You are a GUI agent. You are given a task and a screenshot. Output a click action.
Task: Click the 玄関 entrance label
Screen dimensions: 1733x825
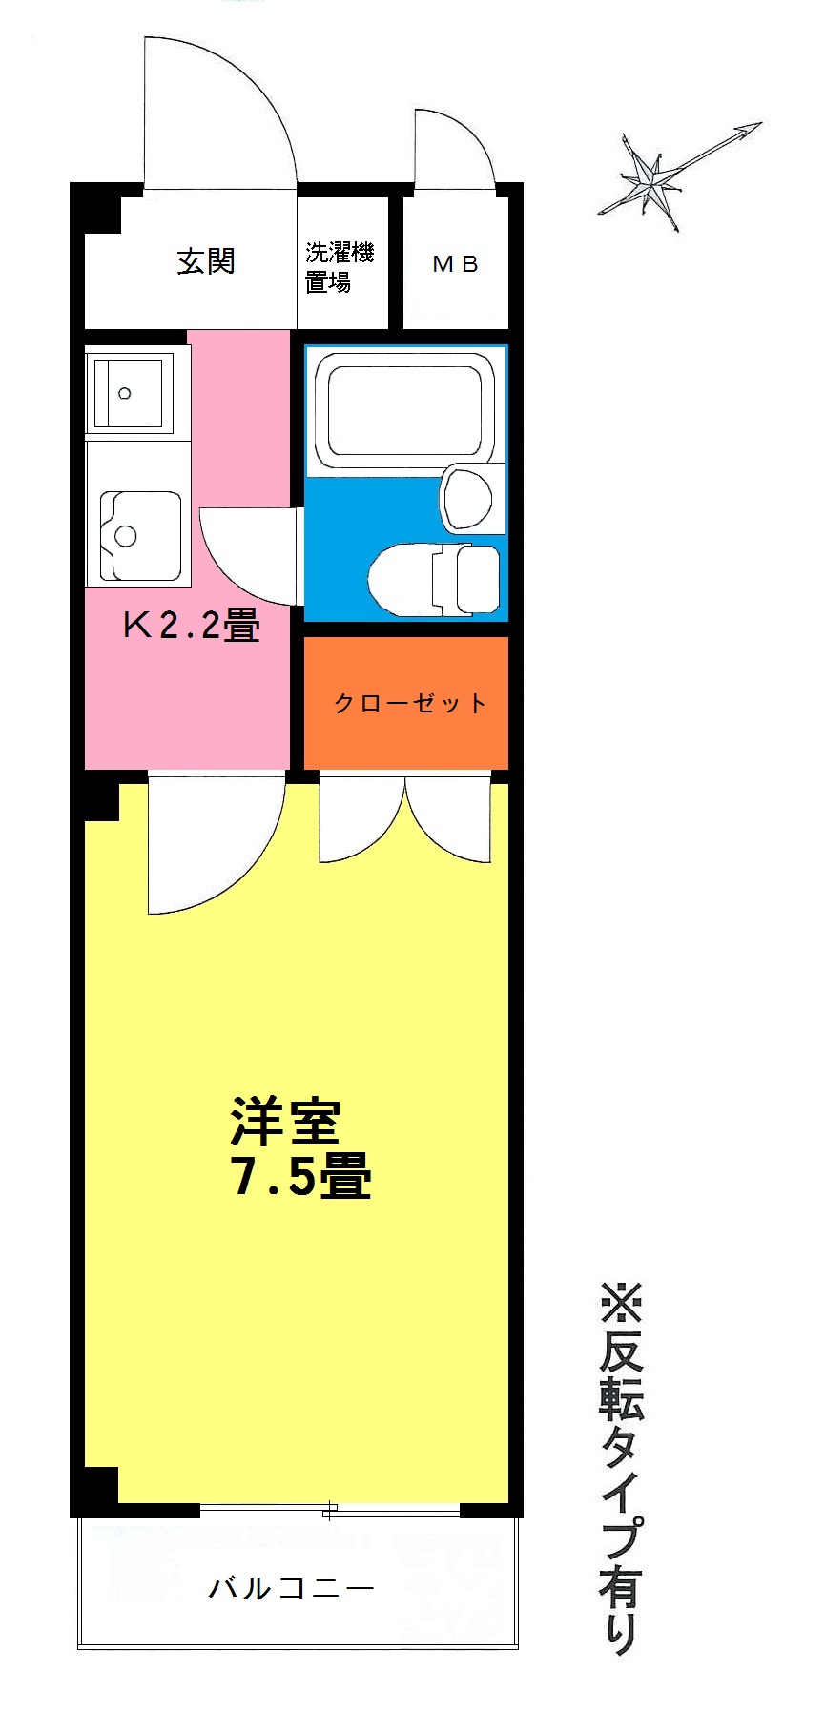point(205,261)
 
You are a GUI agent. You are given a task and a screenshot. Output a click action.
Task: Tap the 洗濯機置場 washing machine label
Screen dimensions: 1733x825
point(340,267)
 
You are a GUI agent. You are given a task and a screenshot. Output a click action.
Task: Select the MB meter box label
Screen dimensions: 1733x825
point(455,264)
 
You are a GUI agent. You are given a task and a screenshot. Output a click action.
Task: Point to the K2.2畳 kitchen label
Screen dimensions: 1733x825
point(191,625)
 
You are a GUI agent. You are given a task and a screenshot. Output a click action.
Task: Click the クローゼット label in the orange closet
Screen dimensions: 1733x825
point(410,704)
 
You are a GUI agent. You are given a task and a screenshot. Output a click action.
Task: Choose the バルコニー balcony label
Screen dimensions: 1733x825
point(291,1588)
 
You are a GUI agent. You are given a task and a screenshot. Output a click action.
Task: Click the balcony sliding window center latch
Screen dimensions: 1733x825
point(330,1510)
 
